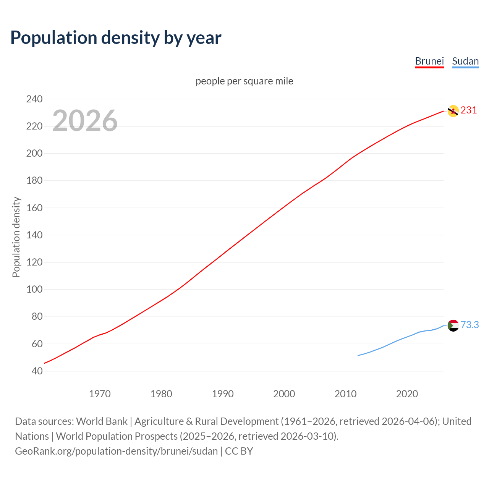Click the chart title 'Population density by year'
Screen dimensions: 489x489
(116, 38)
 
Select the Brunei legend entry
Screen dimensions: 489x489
(429, 61)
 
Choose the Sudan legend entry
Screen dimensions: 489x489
(465, 61)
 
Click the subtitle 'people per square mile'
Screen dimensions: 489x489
(244, 81)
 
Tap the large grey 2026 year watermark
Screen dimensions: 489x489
(85, 121)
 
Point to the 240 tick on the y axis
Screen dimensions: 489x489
(34, 99)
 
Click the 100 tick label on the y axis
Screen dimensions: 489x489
(34, 289)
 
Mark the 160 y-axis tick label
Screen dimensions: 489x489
(34, 208)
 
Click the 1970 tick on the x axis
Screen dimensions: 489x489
(100, 394)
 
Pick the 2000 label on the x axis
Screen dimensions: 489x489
(284, 394)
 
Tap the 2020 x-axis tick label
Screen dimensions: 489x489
(407, 394)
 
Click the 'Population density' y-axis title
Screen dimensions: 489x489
(16, 237)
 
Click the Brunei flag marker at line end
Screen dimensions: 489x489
(453, 111)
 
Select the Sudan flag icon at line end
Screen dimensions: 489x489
(453, 325)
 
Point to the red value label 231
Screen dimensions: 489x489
(469, 110)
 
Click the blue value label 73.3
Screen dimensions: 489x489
(470, 325)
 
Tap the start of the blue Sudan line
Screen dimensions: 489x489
(358, 355)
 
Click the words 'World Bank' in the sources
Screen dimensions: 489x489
(102, 421)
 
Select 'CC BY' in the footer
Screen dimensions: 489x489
(239, 451)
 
